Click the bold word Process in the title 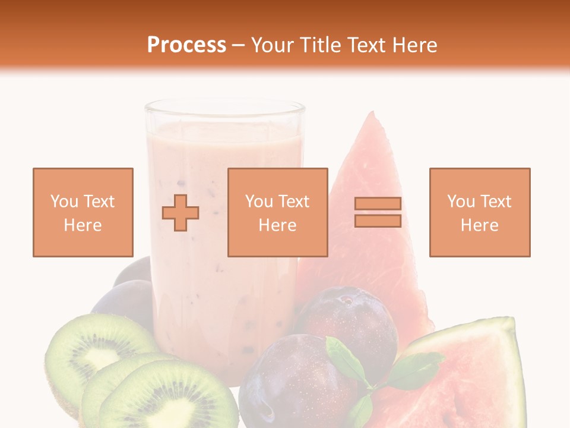click(186, 45)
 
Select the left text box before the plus click(83, 212)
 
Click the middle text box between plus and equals click(277, 212)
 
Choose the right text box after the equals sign click(479, 212)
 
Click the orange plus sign click(180, 213)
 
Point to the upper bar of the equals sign click(378, 203)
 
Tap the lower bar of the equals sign click(378, 221)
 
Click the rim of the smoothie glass click(224, 107)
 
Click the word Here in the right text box click(479, 225)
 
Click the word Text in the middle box click(293, 201)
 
